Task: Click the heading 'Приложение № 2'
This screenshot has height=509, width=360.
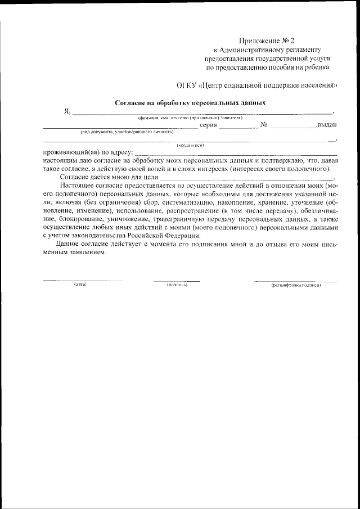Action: click(x=267, y=40)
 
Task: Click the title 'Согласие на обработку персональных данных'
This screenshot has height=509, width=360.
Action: click(x=190, y=103)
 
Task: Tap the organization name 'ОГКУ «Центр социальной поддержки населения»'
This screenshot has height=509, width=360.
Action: click(x=258, y=85)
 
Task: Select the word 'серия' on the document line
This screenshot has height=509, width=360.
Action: click(x=208, y=125)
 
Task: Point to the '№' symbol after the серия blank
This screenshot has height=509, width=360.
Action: click(x=263, y=125)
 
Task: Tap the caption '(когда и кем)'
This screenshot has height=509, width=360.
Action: click(x=190, y=145)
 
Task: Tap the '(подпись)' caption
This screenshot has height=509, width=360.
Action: click(x=177, y=285)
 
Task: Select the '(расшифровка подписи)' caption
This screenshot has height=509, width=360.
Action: click(x=296, y=285)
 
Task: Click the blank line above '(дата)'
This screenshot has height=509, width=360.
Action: click(x=83, y=280)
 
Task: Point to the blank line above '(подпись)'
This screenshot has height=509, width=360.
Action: click(x=177, y=280)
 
